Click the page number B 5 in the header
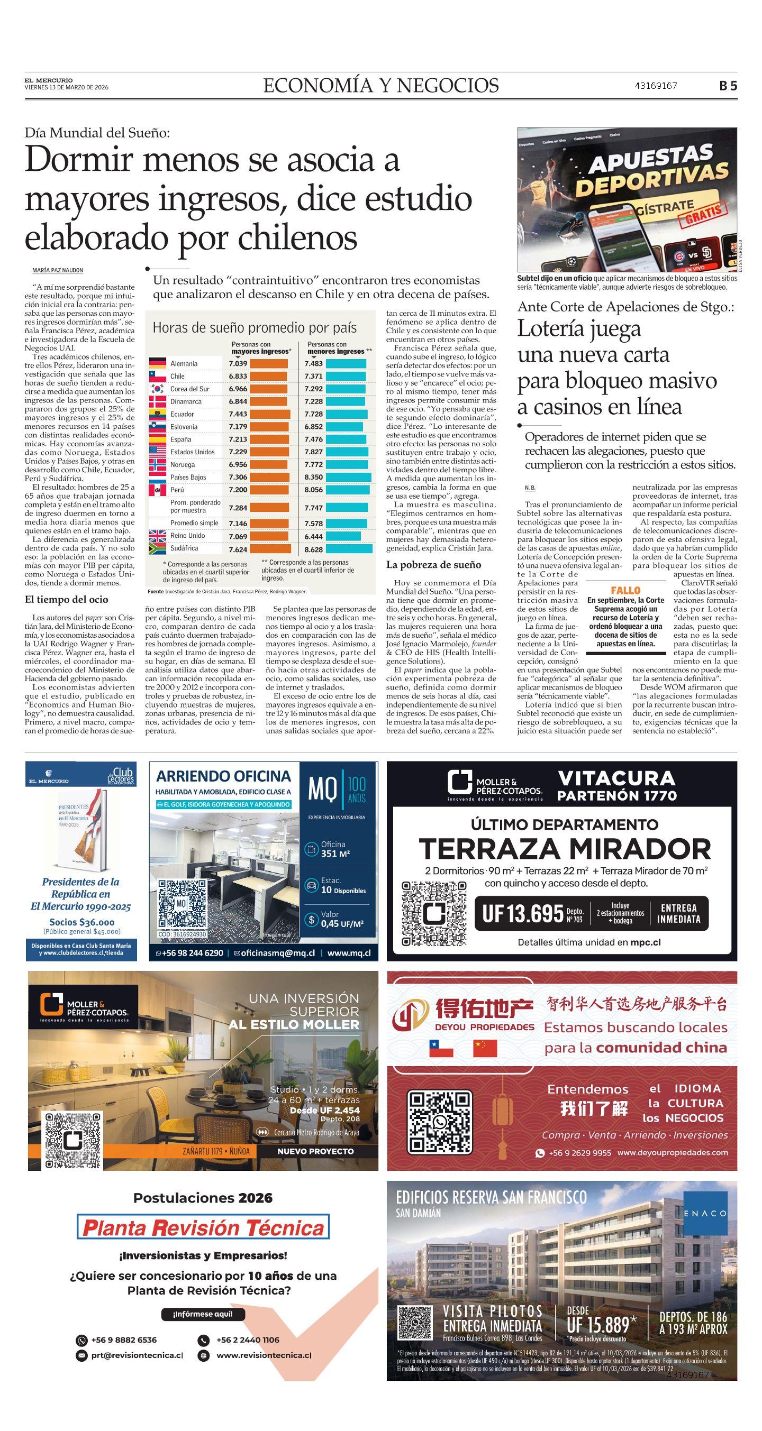(728, 86)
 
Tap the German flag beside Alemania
(158, 363)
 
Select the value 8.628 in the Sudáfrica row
(313, 549)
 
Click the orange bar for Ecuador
(270, 414)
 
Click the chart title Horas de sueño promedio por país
(255, 328)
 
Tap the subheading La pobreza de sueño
(433, 565)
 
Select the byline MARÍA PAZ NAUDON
(58, 271)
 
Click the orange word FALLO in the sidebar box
(625, 590)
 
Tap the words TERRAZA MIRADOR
(565, 849)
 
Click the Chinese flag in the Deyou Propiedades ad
(485, 1048)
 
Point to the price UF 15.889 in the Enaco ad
(597, 1325)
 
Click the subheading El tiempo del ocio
(67, 599)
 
